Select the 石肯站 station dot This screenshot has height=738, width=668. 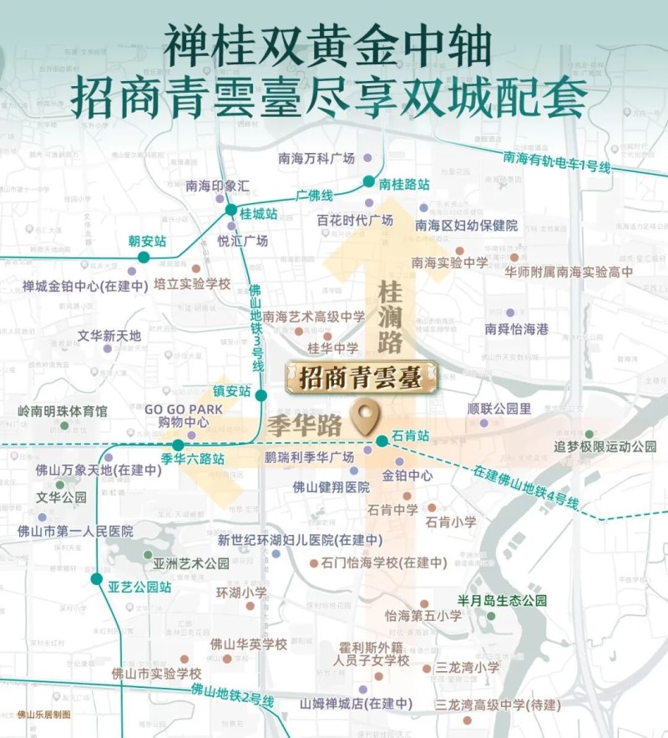(x=382, y=440)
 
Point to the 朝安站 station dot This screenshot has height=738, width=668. (x=144, y=257)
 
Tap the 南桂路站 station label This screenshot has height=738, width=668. (x=404, y=183)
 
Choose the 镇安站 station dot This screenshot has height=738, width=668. (x=261, y=395)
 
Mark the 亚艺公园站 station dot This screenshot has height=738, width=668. (x=97, y=578)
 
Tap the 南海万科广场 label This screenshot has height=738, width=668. (x=316, y=158)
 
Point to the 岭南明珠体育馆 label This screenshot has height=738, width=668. (x=63, y=412)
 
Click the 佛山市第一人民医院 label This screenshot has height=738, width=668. (x=75, y=531)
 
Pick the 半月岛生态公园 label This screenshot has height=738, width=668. (x=502, y=601)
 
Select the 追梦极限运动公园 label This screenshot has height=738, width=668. (x=605, y=446)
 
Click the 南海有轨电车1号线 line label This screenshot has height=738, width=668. (x=557, y=162)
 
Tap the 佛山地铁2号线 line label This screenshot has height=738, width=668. (x=232, y=695)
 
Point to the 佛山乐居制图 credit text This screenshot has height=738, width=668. (x=44, y=715)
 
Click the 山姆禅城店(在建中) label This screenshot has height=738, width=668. (x=356, y=705)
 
